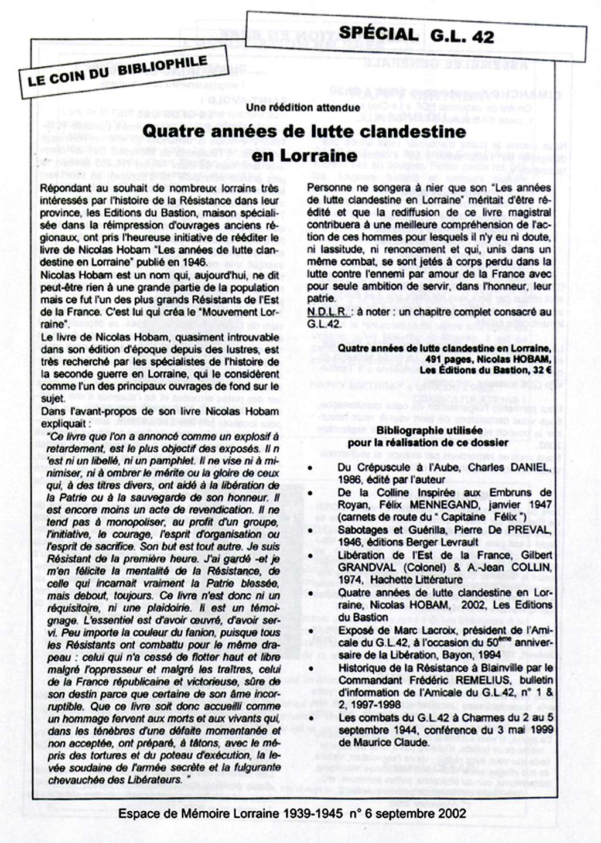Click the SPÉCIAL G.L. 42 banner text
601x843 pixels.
[416, 35]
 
